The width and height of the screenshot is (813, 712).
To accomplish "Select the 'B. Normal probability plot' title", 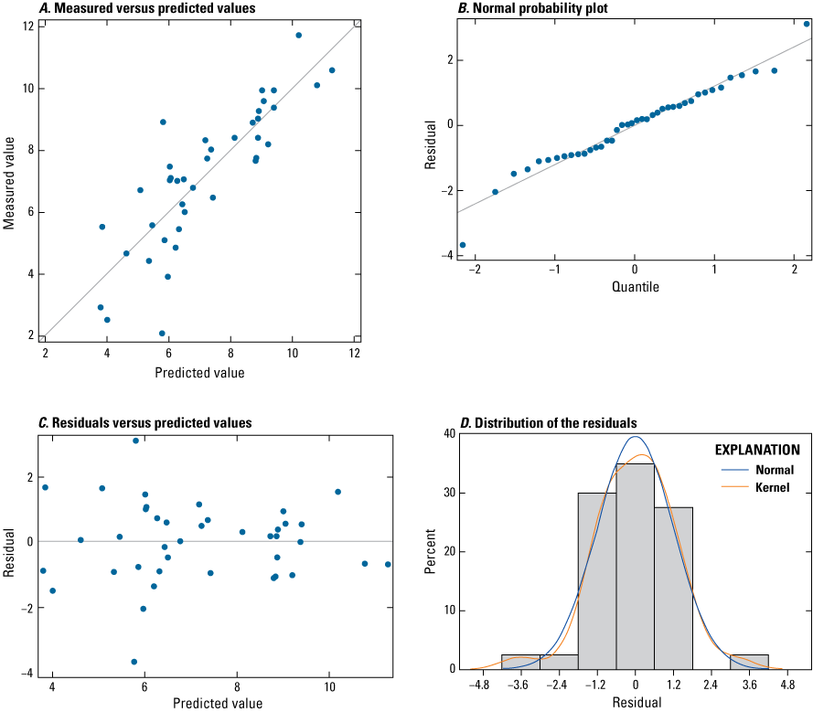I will [x=519, y=9].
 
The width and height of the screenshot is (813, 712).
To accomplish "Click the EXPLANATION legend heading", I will [x=758, y=451].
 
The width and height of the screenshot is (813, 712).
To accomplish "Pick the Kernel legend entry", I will [x=775, y=488].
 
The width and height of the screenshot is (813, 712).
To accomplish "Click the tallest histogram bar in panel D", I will [x=635, y=567].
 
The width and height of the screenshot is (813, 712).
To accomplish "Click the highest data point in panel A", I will [x=298, y=35].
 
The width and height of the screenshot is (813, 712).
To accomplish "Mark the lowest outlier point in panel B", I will [x=463, y=245].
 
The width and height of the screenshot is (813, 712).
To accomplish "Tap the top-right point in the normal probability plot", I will [x=807, y=24].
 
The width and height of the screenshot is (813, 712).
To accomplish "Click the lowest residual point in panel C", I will [x=134, y=662].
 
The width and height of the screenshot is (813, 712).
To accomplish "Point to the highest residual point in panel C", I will [x=135, y=441].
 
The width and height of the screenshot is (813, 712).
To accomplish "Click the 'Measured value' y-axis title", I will [x=9, y=183].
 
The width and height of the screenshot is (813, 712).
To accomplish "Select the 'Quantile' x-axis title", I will [x=634, y=287].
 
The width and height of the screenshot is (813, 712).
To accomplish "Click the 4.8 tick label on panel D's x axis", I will [x=789, y=683].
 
